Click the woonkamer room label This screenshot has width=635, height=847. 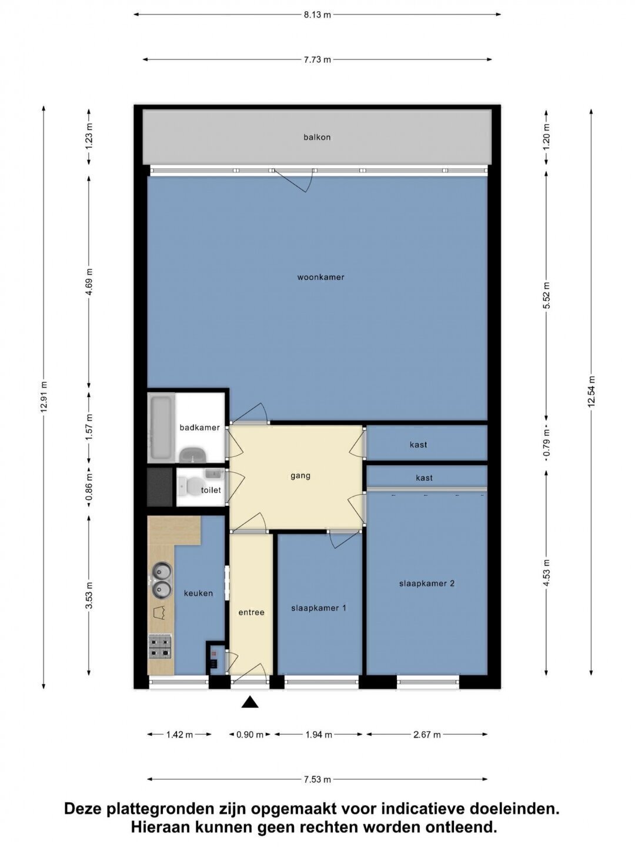[320, 277]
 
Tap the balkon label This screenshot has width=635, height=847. [317, 137]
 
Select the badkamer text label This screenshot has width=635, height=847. [199, 428]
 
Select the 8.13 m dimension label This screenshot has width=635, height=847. [317, 15]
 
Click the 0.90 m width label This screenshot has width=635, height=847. [250, 735]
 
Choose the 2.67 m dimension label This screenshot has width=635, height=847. [427, 735]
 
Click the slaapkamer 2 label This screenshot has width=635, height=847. [427, 583]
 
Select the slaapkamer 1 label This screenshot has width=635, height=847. [319, 608]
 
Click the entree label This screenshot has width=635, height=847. [252, 612]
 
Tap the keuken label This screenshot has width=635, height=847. [198, 593]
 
